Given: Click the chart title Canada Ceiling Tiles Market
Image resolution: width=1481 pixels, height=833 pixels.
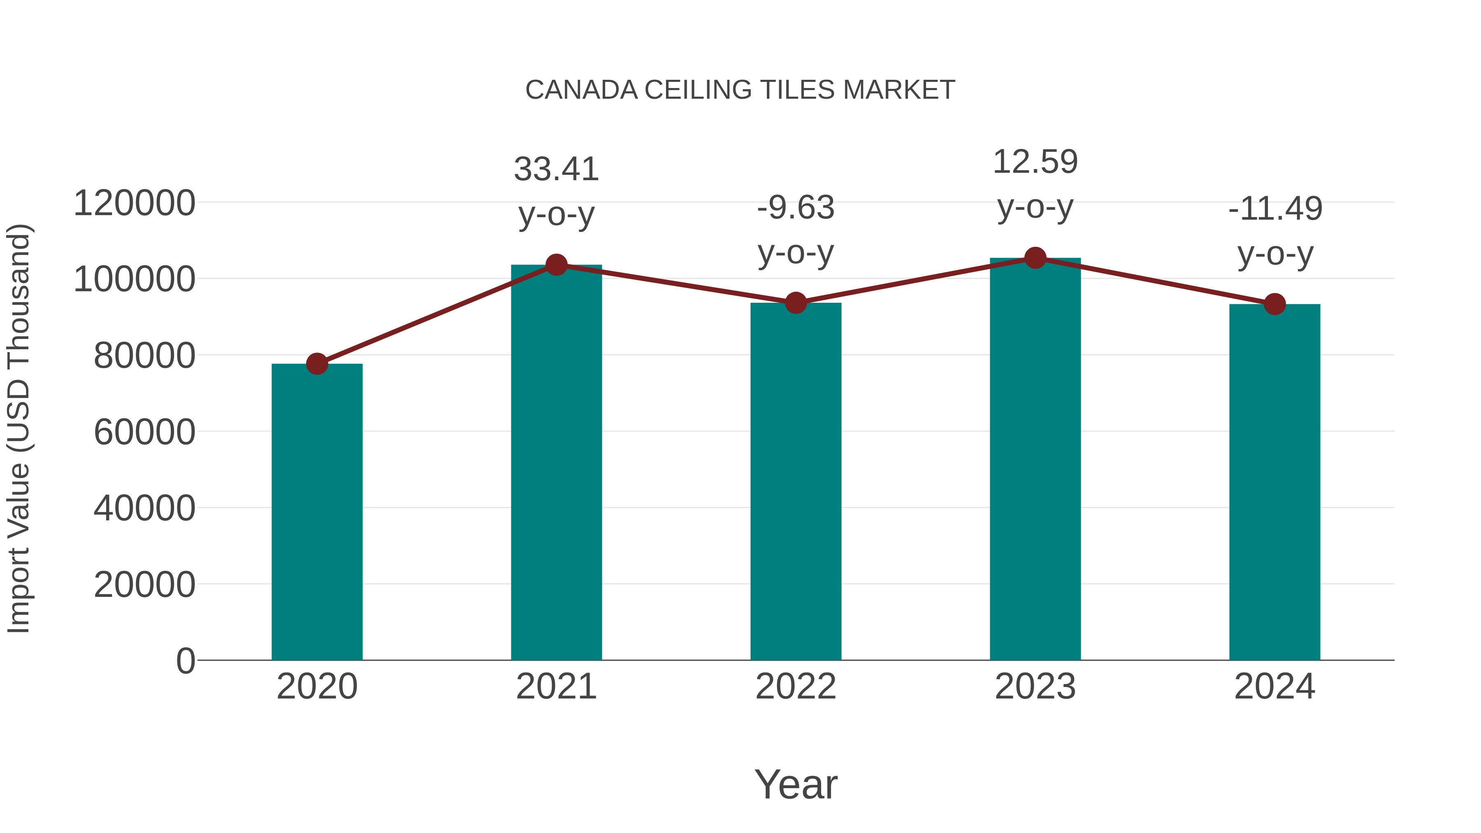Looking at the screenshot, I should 740,90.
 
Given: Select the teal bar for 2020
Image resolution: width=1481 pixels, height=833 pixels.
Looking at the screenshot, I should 317,512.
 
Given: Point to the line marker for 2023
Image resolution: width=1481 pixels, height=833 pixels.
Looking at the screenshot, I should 1035,258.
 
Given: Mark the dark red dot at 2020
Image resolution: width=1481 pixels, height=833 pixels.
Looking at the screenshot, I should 317,364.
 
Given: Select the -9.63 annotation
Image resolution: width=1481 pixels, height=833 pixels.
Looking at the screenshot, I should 796,208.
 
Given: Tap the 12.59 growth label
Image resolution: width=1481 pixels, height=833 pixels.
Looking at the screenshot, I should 1035,162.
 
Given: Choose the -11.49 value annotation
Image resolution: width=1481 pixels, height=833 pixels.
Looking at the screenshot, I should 1274,209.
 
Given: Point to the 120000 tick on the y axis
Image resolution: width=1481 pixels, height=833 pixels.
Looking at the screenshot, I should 135,204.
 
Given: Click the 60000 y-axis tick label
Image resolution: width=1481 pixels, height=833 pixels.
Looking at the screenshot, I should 144,432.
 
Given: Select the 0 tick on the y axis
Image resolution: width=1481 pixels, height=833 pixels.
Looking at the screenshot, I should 186,661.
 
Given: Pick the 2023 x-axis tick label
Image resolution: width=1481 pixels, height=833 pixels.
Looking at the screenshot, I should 1035,687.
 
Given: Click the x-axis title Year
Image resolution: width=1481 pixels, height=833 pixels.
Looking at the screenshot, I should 796,784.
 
